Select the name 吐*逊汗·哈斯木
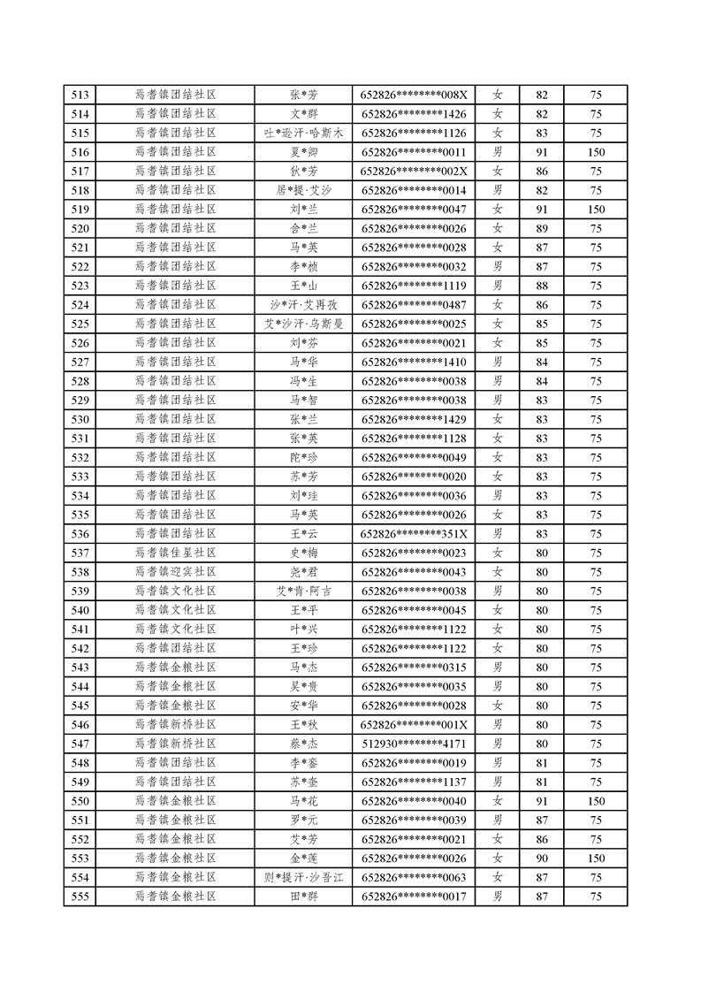coord(303,133)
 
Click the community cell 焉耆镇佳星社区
coord(175,553)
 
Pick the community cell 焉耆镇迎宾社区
coord(175,572)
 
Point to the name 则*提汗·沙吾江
coord(303,877)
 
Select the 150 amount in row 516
coord(596,152)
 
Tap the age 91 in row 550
coord(542,801)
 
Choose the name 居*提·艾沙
coord(303,190)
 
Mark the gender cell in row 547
coord(498,744)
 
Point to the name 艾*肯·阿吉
coord(303,591)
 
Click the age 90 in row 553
coord(542,858)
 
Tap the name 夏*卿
coord(303,152)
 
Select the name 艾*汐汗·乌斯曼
coord(303,324)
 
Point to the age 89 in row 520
coord(542,228)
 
